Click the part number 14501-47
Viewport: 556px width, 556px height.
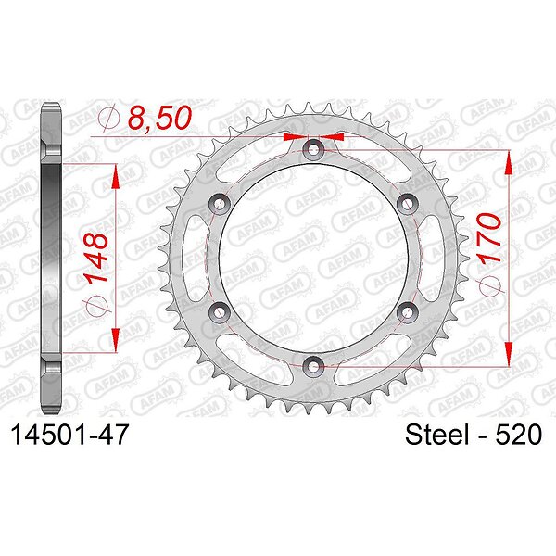point(69,435)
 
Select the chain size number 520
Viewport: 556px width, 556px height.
point(518,435)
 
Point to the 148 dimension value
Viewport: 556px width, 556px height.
point(96,257)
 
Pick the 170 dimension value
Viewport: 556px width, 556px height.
point(489,237)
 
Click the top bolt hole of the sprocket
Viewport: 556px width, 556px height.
point(313,149)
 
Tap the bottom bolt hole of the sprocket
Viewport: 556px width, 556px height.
point(313,366)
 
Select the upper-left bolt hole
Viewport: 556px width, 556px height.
point(220,204)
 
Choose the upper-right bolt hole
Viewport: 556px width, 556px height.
point(407,204)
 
